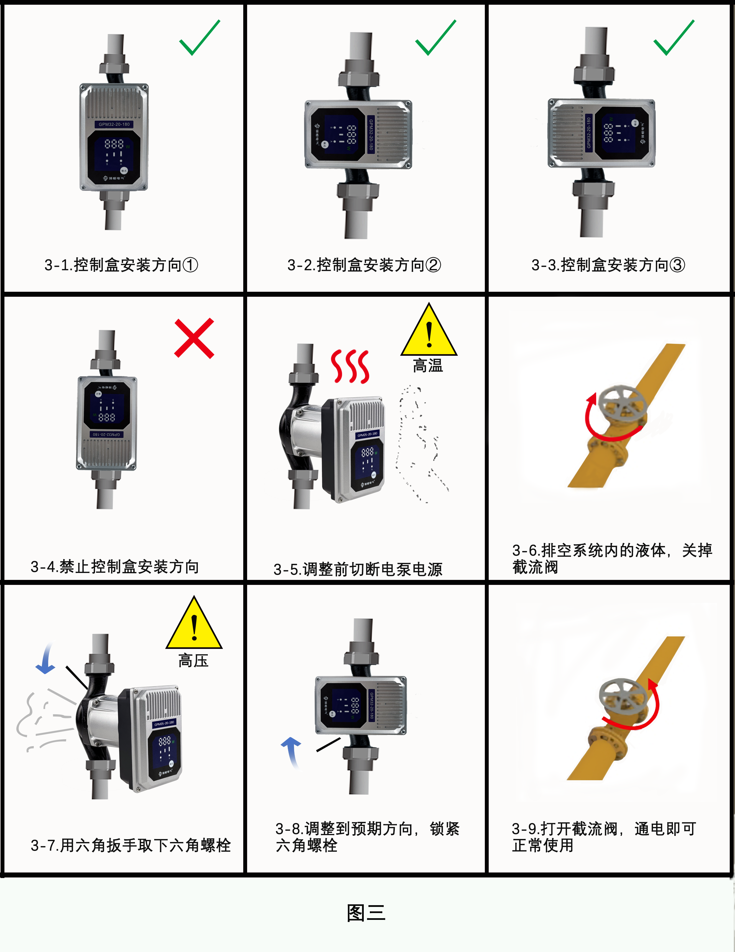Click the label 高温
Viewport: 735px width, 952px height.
coord(428,365)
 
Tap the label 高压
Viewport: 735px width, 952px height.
coord(193,660)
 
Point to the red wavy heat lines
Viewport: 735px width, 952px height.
coord(350,366)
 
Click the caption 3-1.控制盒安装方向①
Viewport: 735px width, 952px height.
coord(121,265)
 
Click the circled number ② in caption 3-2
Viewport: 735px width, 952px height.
coord(433,265)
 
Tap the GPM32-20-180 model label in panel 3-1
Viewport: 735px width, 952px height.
coord(114,124)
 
